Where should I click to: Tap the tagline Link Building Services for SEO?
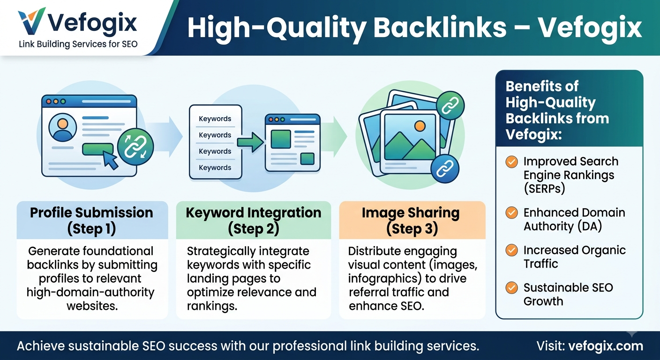coord(78,44)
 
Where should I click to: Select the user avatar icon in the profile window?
coord(62,128)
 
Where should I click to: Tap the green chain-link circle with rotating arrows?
coord(135,146)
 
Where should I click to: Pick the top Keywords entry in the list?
coord(215,119)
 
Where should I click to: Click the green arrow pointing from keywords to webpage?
coord(250,142)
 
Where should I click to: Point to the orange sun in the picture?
coord(420,126)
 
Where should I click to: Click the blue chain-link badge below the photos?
coord(445,169)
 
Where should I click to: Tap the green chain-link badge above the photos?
coord(450,105)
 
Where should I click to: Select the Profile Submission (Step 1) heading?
coord(91,221)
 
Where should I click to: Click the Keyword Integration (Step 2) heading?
coord(254,221)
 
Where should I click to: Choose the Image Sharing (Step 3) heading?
coord(411,221)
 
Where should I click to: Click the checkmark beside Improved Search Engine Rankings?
coord(512,162)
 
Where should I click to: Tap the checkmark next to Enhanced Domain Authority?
coord(512,212)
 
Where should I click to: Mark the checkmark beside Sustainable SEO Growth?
coord(512,287)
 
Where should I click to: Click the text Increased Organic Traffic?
coord(574,257)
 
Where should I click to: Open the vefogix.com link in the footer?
coord(606,346)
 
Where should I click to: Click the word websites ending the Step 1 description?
coord(92,306)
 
